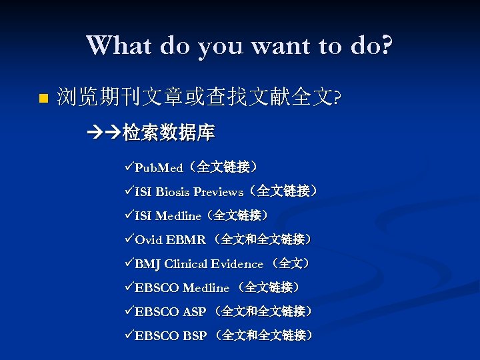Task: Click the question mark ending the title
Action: (x=385, y=45)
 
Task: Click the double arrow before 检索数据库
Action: (x=104, y=133)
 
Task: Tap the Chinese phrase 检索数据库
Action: (x=168, y=133)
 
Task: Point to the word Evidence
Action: (x=236, y=264)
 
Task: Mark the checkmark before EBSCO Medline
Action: (x=129, y=288)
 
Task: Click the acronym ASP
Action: (x=195, y=312)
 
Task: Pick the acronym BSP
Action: (x=195, y=336)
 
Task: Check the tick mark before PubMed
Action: (x=129, y=167)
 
